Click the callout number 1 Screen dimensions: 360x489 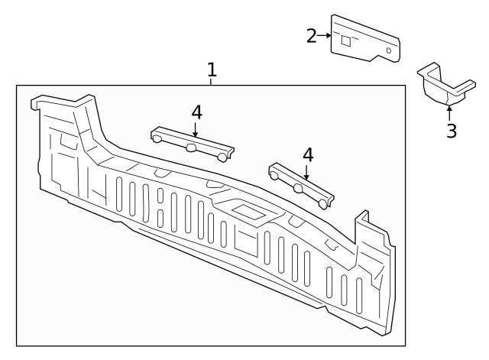point(212,70)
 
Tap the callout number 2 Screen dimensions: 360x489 point(312,35)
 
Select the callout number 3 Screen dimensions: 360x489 point(452,131)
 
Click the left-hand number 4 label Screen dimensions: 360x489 point(196,112)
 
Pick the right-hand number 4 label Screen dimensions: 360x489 point(308,155)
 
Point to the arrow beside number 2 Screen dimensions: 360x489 point(325,35)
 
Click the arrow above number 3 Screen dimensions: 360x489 point(449,112)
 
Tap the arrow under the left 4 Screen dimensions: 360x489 point(196,130)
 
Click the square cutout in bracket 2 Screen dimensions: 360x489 point(346,40)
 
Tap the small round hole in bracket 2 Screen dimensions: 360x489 point(390,50)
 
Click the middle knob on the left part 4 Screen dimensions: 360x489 point(192,149)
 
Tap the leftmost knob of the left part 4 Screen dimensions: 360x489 point(157,139)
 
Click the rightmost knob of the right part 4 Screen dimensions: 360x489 point(326,203)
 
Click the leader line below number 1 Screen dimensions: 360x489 point(212,81)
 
